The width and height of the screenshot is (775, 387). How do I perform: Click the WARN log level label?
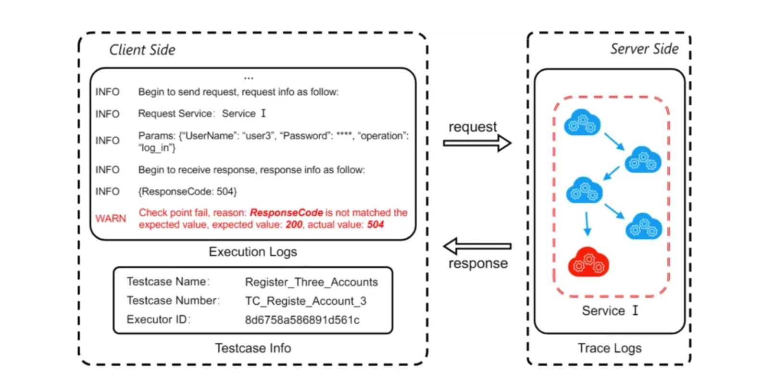[111, 219]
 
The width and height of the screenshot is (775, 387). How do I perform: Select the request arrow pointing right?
[477, 143]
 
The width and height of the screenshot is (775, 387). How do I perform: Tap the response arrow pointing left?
[477, 246]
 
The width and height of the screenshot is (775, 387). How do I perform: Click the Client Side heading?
[142, 50]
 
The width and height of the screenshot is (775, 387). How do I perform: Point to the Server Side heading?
[644, 49]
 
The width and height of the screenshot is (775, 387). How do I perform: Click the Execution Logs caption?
[253, 252]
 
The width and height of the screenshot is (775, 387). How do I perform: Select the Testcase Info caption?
[253, 348]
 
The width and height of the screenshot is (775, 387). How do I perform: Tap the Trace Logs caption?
[610, 348]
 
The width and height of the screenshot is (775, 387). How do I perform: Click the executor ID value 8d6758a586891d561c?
[302, 320]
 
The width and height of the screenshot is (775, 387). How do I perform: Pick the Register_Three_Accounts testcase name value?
[311, 282]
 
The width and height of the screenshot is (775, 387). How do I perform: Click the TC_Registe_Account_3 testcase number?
[305, 301]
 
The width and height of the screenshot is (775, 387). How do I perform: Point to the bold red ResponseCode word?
[286, 213]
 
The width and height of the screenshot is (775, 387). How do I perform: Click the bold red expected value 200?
[294, 225]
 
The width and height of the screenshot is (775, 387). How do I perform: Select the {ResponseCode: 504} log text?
[187, 192]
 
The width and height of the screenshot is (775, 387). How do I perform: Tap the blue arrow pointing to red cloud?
[587, 224]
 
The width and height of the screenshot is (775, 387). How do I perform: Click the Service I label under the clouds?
[610, 311]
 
